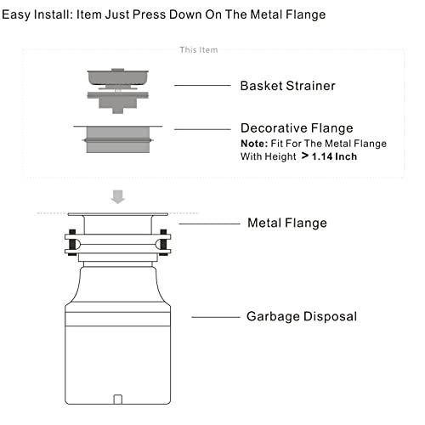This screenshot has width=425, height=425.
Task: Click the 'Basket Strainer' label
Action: pos(286,86)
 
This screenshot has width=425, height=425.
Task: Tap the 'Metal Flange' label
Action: pos(287,224)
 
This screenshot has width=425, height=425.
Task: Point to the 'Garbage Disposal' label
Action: pos(302,316)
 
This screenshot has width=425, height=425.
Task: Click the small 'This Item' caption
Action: pos(198,50)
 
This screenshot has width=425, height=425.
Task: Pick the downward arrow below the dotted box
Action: pos(118,197)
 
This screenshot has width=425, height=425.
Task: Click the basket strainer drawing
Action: pos(118,90)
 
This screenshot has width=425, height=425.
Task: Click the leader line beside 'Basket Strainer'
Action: pos(202,86)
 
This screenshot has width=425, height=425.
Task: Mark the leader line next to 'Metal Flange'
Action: pos(208,224)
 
